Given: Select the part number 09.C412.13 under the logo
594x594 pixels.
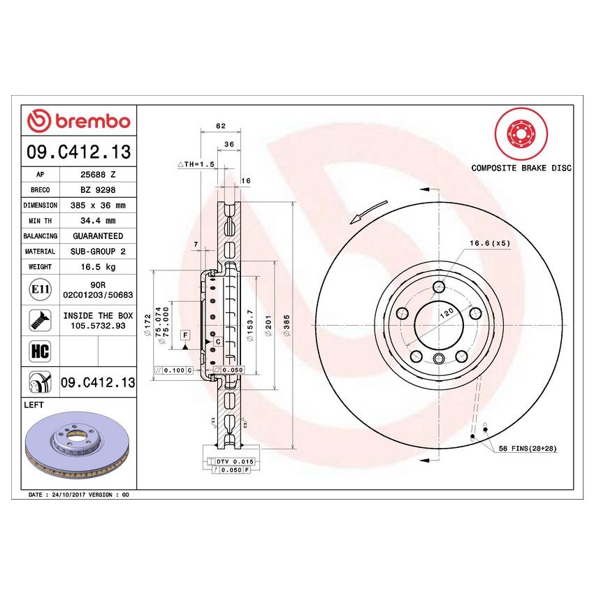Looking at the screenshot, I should tap(78, 152).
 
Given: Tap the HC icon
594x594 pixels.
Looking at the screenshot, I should tap(40, 351).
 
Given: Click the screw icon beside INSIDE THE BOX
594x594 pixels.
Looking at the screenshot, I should tap(39, 321).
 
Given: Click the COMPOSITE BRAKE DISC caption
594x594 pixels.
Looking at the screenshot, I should tap(521, 168).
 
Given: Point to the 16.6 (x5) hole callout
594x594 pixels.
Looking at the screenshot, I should tap(490, 242).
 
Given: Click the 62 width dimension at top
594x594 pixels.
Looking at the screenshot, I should tap(221, 126).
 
